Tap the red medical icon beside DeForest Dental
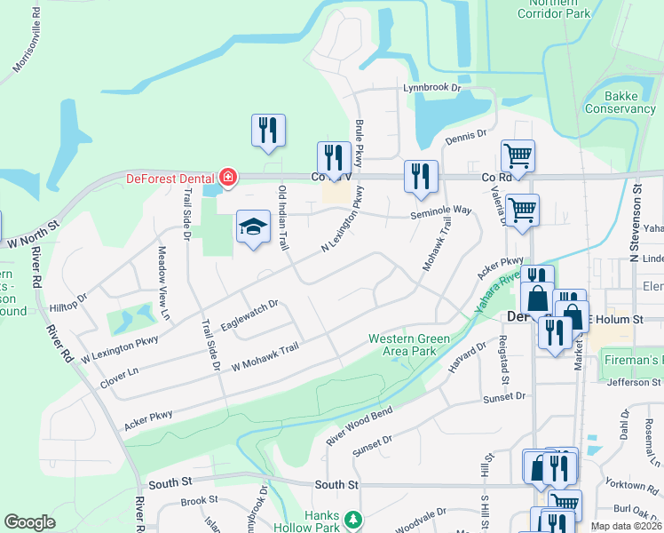pos(228,178)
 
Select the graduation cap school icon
pos(253,227)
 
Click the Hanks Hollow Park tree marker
pos(353,519)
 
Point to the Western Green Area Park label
pos(402,345)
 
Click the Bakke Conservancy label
pos(618,102)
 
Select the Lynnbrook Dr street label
pos(433,88)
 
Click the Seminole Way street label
pos(440,211)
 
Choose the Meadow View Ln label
pos(164,282)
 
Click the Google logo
pos(29,522)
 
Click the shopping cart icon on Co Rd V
pos(518,156)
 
